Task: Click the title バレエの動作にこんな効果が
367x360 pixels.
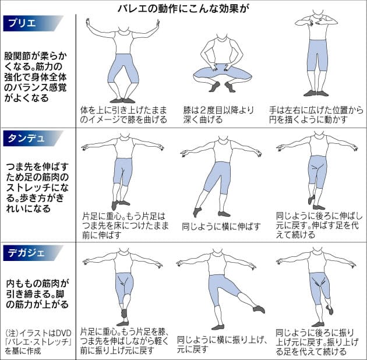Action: [183, 8]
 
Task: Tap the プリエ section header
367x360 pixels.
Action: [33, 23]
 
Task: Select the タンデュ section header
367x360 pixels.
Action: [33, 138]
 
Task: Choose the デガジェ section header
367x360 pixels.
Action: [33, 253]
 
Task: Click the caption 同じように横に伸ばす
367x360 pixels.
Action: [221, 227]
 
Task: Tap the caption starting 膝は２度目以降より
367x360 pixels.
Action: [218, 115]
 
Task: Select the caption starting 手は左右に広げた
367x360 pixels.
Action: [316, 115]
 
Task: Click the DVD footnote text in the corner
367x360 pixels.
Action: [38, 342]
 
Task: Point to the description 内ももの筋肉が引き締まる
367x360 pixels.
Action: [37, 294]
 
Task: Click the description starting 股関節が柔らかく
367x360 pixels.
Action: [36, 77]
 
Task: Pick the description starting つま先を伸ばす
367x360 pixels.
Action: [37, 187]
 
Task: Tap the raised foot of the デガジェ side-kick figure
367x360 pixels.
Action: [259, 309]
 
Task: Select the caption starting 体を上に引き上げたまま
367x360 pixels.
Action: [123, 115]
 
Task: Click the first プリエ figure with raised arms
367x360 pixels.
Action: [123, 61]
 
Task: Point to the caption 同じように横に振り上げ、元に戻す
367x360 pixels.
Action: [222, 344]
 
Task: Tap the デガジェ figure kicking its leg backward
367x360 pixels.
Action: [316, 287]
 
